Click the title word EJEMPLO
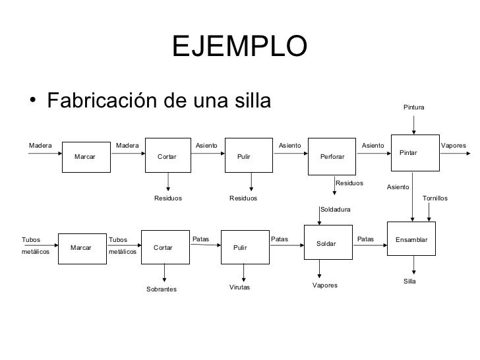coord(239,46)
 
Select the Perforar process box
coord(332,156)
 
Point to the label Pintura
coord(414,107)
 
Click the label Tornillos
coord(435,197)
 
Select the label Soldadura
coord(336,210)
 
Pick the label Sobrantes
coord(162,289)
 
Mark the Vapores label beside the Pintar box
coord(453,145)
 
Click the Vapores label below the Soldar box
coord(324,285)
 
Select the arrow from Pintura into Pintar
coord(414,123)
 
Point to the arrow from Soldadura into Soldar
coord(320,220)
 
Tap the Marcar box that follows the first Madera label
coord(84,156)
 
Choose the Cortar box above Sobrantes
coord(163,248)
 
